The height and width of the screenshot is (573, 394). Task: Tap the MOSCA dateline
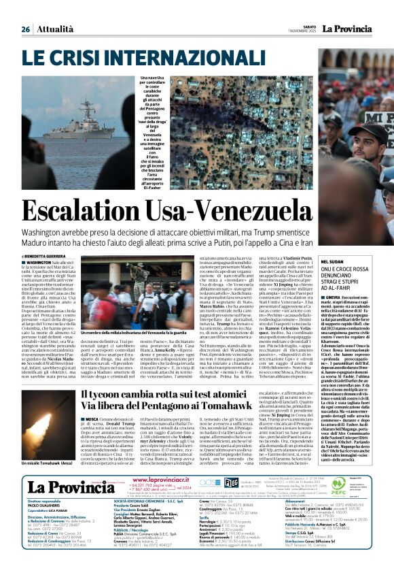click(92, 421)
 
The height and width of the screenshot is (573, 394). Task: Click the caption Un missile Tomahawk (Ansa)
click(48, 481)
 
